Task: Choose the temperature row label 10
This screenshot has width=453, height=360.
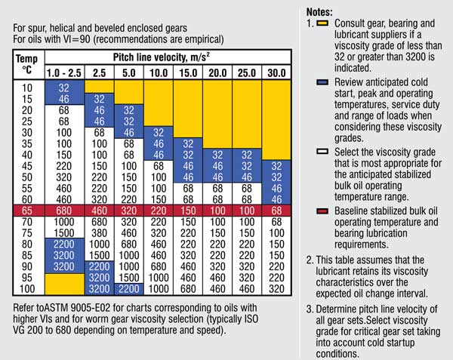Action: tap(28, 88)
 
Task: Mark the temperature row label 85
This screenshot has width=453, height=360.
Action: tap(28, 255)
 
